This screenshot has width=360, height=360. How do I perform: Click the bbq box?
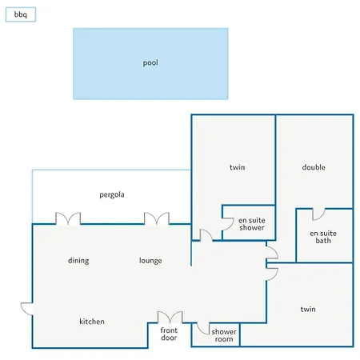point(21,14)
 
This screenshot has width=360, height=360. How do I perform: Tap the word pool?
point(150,63)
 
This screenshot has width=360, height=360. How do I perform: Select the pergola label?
point(112,194)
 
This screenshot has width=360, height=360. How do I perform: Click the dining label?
point(78,261)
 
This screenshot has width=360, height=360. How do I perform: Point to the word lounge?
point(150,261)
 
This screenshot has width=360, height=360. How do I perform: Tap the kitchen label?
point(92,322)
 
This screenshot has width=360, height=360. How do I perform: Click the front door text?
point(169,334)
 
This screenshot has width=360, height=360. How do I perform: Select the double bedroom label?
point(314,167)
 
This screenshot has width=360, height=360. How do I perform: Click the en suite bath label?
point(323,237)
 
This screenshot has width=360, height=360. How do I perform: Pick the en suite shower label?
point(252,224)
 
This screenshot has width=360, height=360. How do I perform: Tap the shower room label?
point(224,335)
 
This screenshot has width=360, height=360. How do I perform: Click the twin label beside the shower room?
point(308,309)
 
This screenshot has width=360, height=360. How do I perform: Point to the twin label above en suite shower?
point(238,167)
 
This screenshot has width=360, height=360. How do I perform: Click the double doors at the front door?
point(170,317)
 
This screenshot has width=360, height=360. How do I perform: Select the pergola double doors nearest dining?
point(68,218)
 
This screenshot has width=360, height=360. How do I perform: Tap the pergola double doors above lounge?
point(157,218)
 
